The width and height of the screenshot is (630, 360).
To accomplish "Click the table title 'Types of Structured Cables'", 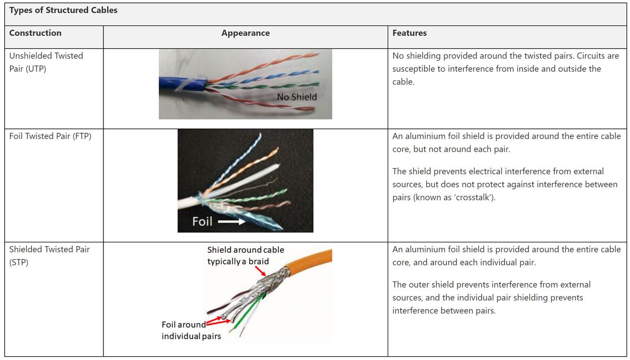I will [63, 10].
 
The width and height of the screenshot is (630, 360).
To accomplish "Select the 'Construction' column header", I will [35, 33].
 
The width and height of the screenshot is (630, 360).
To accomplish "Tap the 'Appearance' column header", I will [245, 33].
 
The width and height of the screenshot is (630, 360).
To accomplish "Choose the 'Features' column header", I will [409, 33].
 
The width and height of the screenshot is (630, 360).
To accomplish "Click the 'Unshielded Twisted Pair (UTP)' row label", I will [46, 62].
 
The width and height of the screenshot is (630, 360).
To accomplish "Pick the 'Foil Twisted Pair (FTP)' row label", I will [50, 136].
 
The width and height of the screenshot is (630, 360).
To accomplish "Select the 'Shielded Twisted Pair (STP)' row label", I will [49, 256].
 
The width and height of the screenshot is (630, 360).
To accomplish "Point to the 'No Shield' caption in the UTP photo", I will [297, 97].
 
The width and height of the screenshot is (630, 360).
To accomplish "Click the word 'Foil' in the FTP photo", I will [202, 221].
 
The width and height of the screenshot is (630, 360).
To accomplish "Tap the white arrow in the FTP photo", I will [231, 221].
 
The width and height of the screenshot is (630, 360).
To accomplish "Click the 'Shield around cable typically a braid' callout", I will [245, 256].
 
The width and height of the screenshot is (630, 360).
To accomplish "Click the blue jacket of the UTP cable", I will [179, 85].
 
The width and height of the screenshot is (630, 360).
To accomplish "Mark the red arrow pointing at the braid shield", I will [260, 271].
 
